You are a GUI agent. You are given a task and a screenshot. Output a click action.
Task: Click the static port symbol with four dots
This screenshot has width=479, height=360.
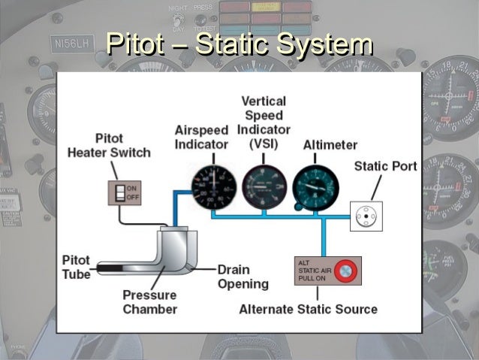(x=366, y=216)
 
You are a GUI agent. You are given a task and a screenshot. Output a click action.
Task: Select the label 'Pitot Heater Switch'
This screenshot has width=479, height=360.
(x=109, y=146)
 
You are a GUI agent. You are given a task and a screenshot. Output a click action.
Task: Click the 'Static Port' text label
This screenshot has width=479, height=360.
(x=385, y=166)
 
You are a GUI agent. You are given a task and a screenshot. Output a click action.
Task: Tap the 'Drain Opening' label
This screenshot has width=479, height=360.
(x=243, y=277)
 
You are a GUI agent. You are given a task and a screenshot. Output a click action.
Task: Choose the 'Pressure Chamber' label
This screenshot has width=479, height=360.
(x=150, y=302)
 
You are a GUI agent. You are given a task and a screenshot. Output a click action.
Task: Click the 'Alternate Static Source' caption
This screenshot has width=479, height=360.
(x=308, y=309)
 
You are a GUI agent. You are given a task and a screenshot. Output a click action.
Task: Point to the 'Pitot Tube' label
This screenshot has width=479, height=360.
(x=76, y=267)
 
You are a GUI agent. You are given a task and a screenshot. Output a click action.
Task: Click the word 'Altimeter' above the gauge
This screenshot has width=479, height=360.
(x=330, y=144)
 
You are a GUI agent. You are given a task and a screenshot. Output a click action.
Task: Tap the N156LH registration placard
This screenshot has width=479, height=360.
(x=71, y=45)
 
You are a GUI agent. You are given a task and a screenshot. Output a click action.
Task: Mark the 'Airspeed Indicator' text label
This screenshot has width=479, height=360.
(x=201, y=137)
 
